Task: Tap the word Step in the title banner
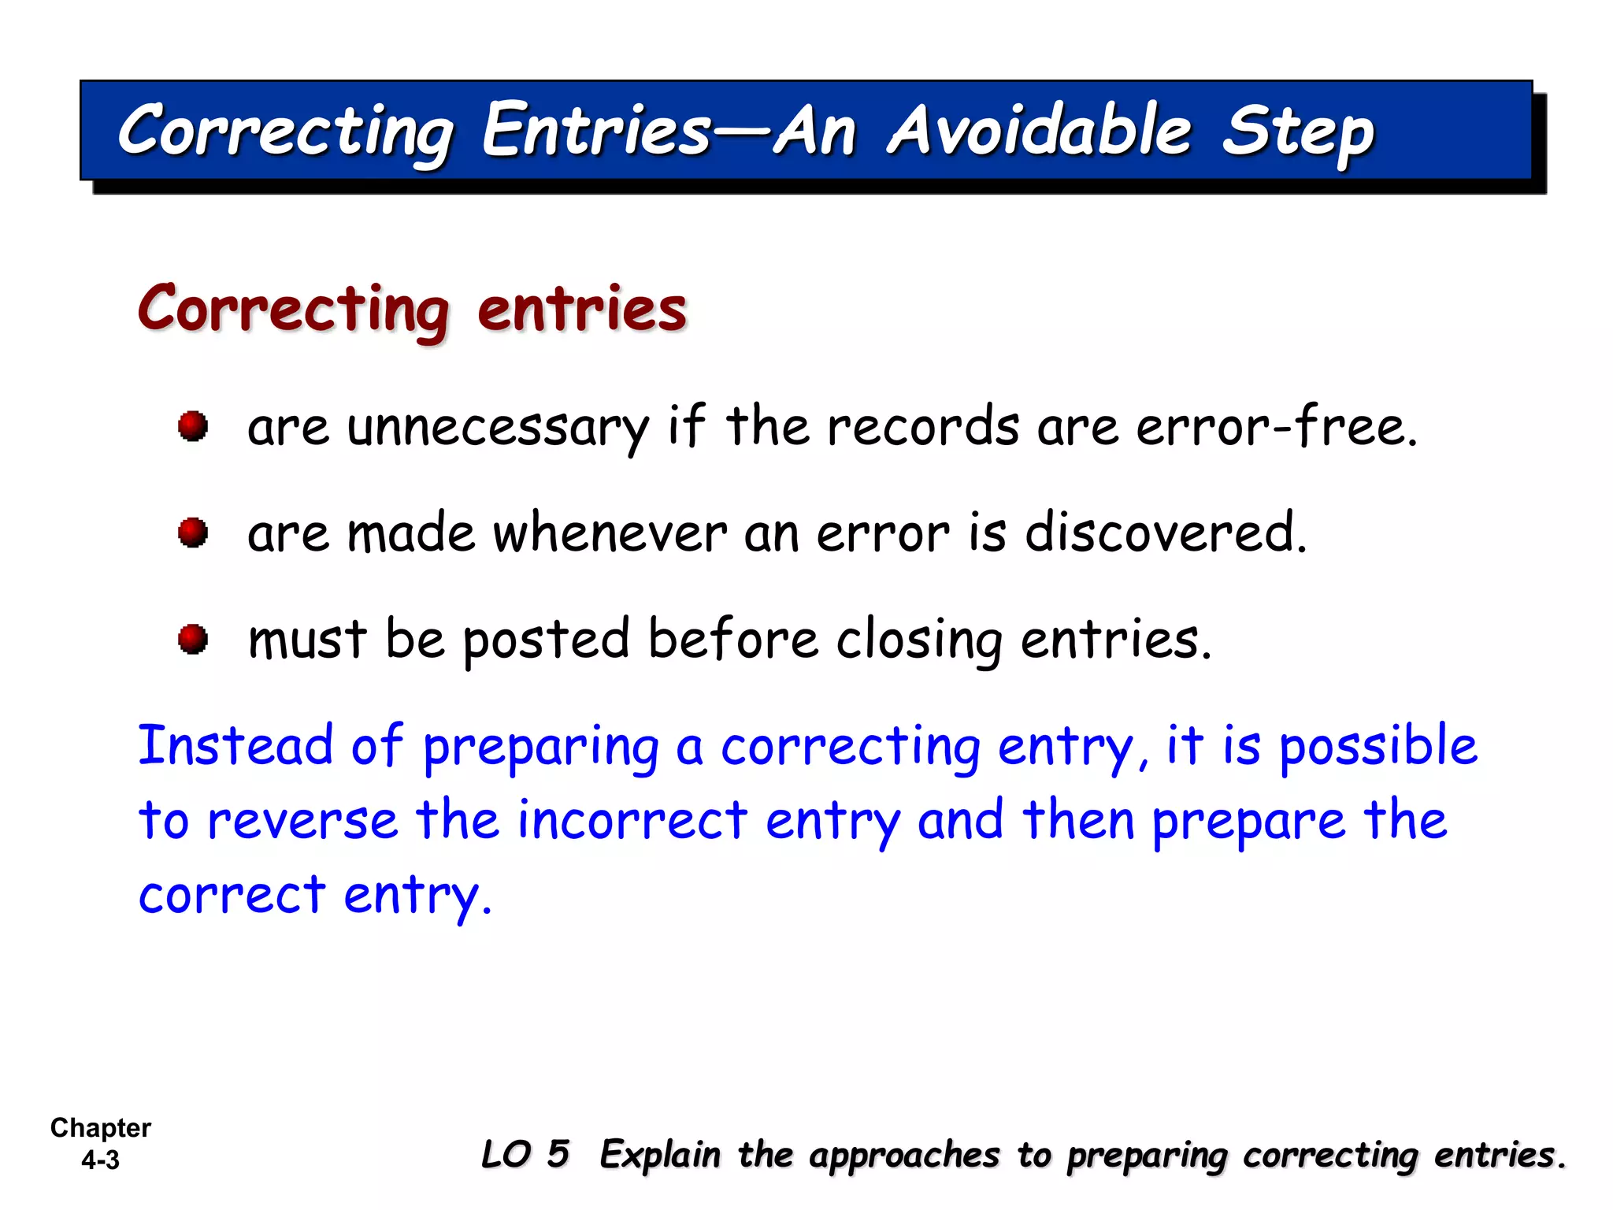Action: pos(1297,132)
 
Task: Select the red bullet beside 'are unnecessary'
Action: pos(193,426)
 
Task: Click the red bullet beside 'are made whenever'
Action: pos(193,533)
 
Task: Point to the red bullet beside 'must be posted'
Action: pos(193,639)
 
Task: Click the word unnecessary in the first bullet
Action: pos(498,428)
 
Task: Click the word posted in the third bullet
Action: pos(546,640)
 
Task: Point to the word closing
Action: pos(919,640)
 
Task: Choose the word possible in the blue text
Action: pos(1378,747)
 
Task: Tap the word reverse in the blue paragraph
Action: pos(303,821)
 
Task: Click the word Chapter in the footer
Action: pos(101,1128)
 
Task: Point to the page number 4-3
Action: pos(101,1160)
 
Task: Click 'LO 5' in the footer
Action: pos(525,1155)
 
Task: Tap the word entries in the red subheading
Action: pos(582,309)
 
